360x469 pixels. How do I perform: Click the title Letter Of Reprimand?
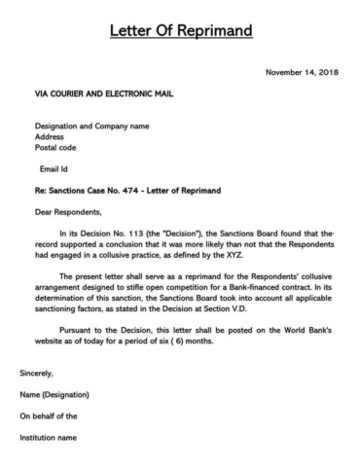click(x=180, y=31)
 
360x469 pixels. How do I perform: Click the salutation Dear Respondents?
click(x=68, y=211)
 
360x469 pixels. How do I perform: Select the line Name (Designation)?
click(x=54, y=394)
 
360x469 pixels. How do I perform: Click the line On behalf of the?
click(x=49, y=415)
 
